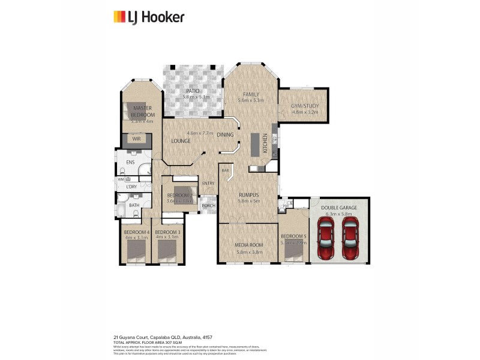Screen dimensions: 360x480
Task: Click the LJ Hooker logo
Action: [149, 16]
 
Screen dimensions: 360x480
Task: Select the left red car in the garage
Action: [326, 238]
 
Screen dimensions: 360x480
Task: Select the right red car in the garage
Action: [350, 238]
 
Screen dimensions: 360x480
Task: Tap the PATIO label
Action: [192, 91]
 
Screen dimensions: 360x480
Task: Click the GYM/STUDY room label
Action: [305, 106]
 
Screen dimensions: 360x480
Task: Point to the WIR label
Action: [136, 139]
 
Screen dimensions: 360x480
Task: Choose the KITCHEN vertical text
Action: [265, 143]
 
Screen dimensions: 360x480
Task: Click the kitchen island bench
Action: [254, 145]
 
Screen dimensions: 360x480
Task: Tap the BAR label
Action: [226, 171]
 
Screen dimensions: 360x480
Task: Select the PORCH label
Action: [208, 206]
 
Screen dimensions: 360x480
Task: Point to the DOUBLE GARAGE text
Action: [340, 207]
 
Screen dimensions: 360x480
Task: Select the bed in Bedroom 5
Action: [293, 255]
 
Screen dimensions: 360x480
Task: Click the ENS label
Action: [130, 163]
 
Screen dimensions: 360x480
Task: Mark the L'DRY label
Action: [131, 187]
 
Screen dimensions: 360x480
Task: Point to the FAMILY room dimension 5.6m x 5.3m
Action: [251, 100]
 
